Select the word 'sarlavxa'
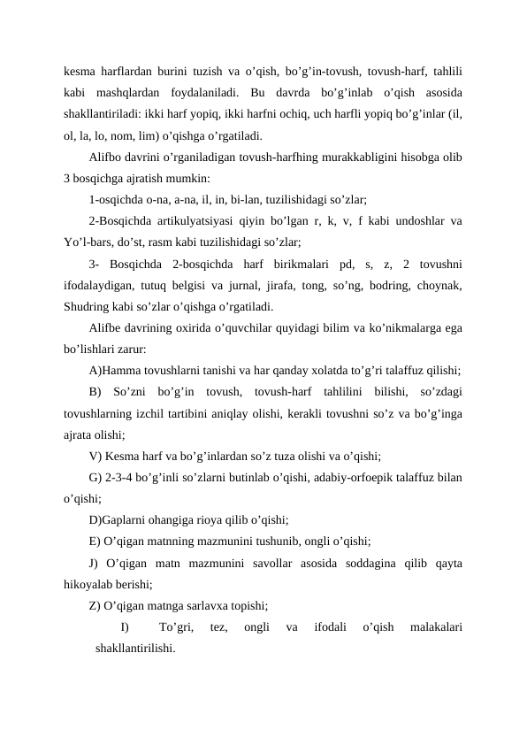212,606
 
